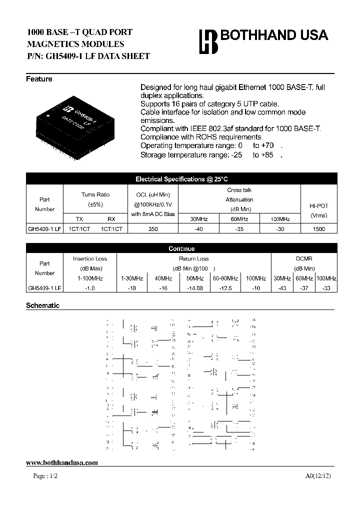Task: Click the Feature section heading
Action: [39, 79]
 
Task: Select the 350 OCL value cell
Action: [153, 229]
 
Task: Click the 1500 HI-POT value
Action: [318, 229]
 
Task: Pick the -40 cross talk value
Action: [199, 229]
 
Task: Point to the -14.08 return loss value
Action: [195, 288]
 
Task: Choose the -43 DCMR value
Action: [282, 288]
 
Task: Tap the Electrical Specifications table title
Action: [181, 179]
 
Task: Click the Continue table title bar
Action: [181, 248]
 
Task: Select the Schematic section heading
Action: [42, 305]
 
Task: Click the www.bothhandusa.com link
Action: [61, 463]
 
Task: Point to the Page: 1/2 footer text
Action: [45, 476]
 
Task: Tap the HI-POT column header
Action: [318, 205]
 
